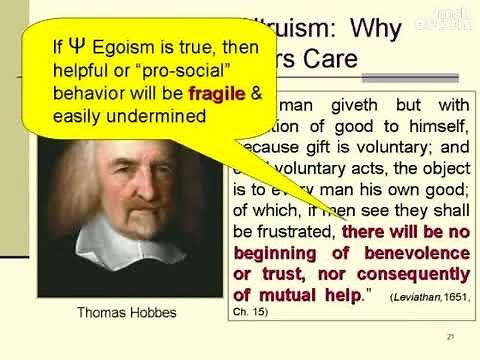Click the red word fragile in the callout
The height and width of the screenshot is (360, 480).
[216, 94]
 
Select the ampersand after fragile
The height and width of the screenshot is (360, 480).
[255, 94]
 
